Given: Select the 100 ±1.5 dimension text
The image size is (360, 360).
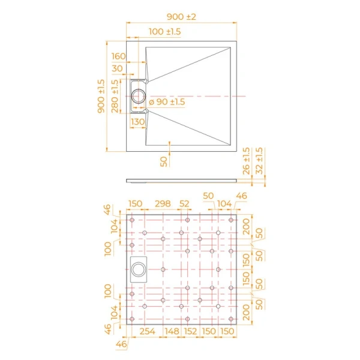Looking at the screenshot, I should [x=164, y=31].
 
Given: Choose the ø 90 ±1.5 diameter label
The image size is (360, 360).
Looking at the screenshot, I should [x=167, y=103].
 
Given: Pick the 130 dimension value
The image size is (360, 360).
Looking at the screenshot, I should [x=137, y=122].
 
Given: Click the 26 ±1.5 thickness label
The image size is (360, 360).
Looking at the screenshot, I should [x=247, y=161].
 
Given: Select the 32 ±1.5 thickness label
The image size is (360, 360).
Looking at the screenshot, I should [x=259, y=161].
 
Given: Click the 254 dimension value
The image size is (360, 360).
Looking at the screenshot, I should [x=147, y=332].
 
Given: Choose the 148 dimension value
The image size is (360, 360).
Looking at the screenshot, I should [x=172, y=332].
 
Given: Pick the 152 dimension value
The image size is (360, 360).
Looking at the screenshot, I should [x=190, y=332].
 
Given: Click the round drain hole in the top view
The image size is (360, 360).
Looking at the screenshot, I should [x=139, y=96].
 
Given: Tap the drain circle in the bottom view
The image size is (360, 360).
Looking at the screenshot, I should [x=140, y=267].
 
